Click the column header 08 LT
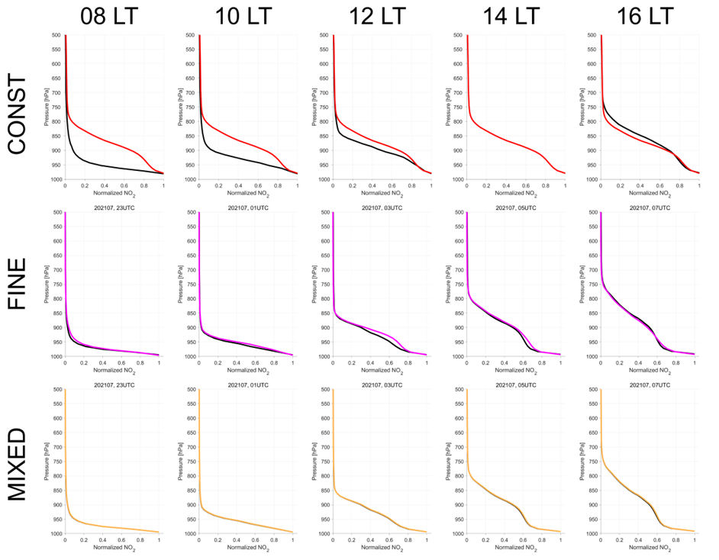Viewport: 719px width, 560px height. click(x=111, y=15)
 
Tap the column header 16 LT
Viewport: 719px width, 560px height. click(x=646, y=15)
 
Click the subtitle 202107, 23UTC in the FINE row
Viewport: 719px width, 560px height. click(x=111, y=208)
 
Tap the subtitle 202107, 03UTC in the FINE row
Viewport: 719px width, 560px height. click(x=379, y=208)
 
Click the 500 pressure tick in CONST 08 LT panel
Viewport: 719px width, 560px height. click(x=56, y=36)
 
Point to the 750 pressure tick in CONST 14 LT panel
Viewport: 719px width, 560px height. click(x=458, y=108)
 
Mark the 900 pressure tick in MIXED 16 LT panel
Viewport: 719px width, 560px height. click(x=591, y=504)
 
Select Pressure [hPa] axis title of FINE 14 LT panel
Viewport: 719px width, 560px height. click(x=446, y=284)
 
